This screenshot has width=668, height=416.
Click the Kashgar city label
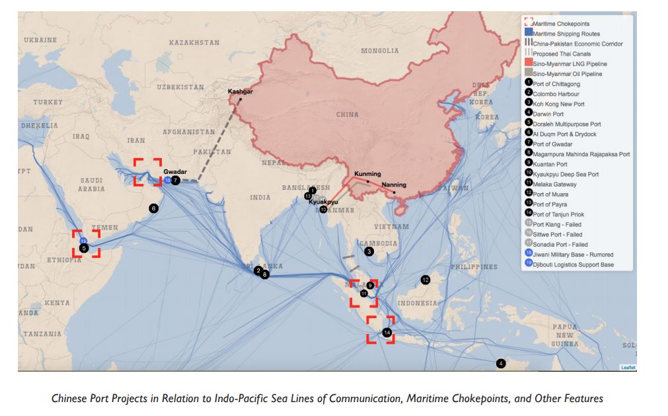pyautogui.click(x=240, y=91)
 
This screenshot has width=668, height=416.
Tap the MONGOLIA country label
pyautogui.click(x=379, y=51)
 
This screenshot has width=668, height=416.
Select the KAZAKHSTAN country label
pyautogui.click(x=194, y=42)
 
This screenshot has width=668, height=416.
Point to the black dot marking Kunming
pyautogui.click(x=368, y=181)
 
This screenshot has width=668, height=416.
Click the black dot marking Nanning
pyautogui.click(x=394, y=192)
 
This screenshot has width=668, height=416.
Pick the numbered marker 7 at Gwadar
pyautogui.click(x=176, y=181)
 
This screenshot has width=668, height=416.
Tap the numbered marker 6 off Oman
pyautogui.click(x=153, y=208)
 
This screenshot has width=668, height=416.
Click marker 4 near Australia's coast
pyautogui.click(x=500, y=363)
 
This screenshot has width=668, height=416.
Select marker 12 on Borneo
pyautogui.click(x=426, y=280)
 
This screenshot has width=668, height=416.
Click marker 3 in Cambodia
pyautogui.click(x=369, y=251)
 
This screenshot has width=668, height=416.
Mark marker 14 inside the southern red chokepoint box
pyautogui.click(x=387, y=332)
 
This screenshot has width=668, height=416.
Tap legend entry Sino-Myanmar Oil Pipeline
pyautogui.click(x=567, y=74)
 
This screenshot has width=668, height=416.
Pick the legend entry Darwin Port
pyautogui.click(x=548, y=114)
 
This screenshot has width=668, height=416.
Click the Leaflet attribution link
pyautogui.click(x=627, y=367)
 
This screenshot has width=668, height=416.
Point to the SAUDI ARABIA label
pyautogui.click(x=91, y=184)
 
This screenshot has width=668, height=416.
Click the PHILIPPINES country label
pyautogui.click(x=473, y=267)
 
